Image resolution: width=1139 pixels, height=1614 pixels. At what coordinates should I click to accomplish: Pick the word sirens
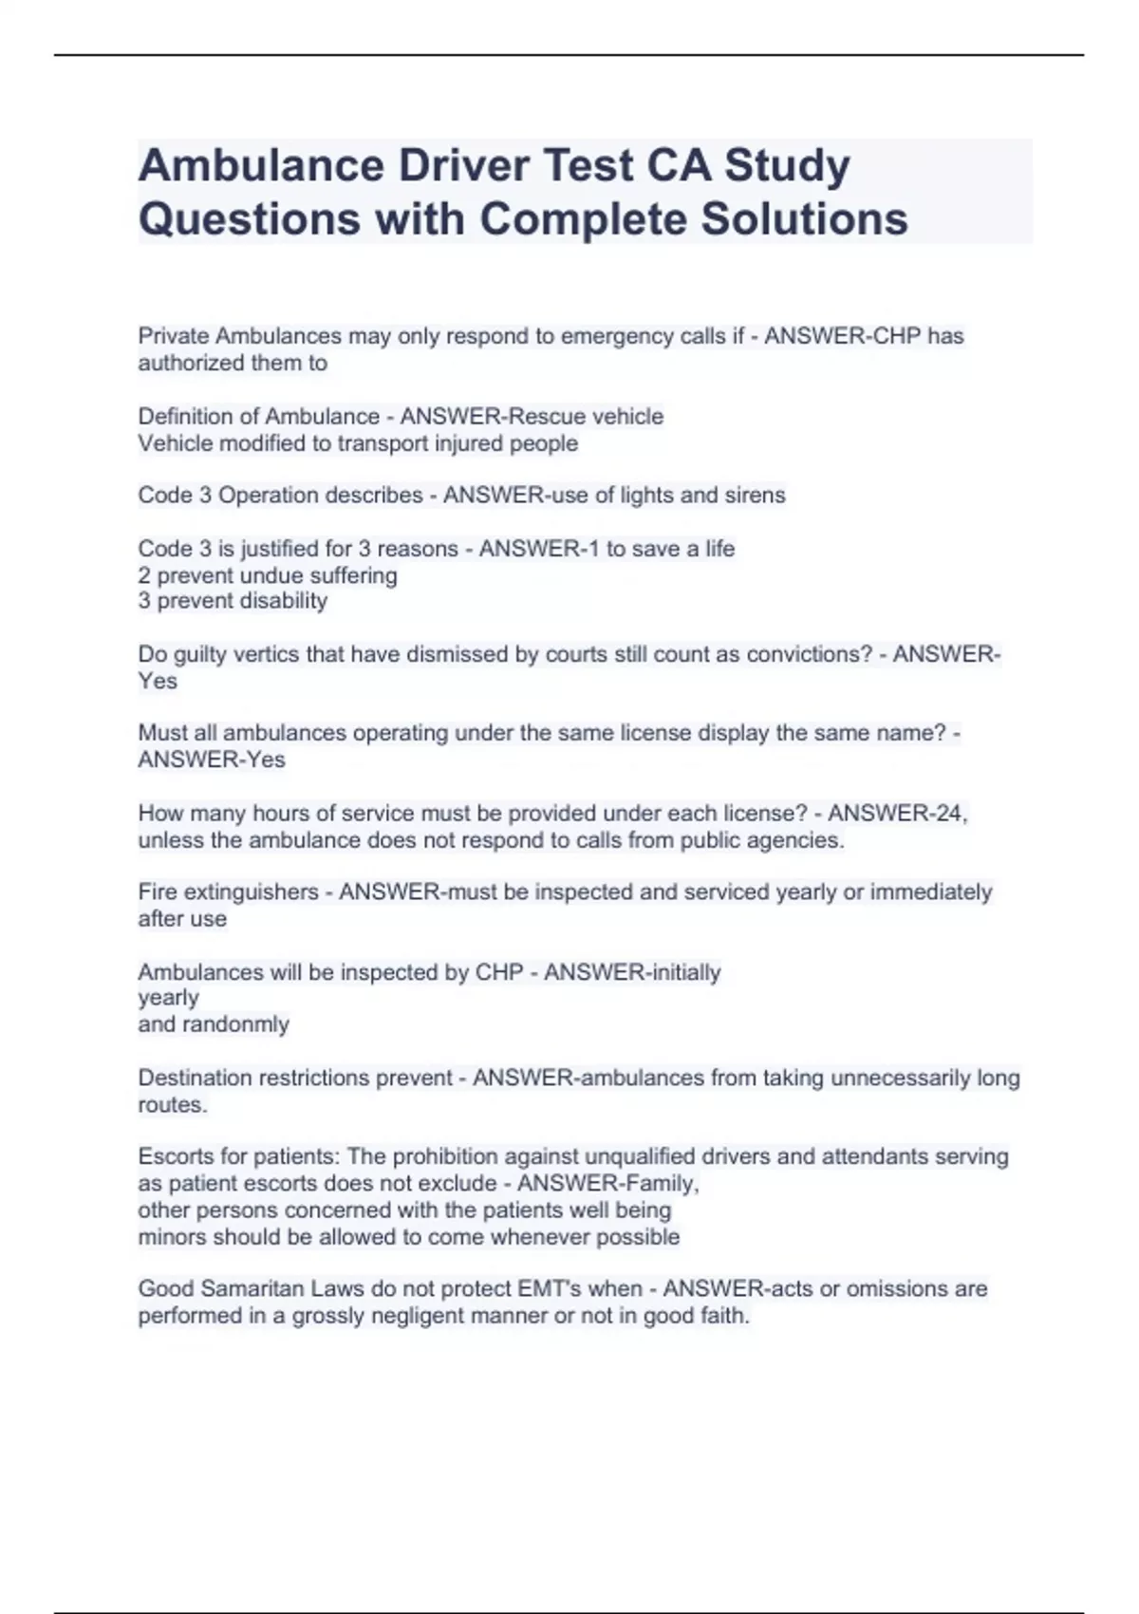pos(754,496)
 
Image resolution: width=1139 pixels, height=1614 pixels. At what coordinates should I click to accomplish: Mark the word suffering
pos(350,575)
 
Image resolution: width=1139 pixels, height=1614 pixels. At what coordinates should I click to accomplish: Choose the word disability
pos(284,601)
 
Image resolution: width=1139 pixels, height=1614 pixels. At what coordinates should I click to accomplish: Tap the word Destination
pos(196,1079)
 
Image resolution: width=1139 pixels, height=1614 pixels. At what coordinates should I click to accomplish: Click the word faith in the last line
pos(724,1316)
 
